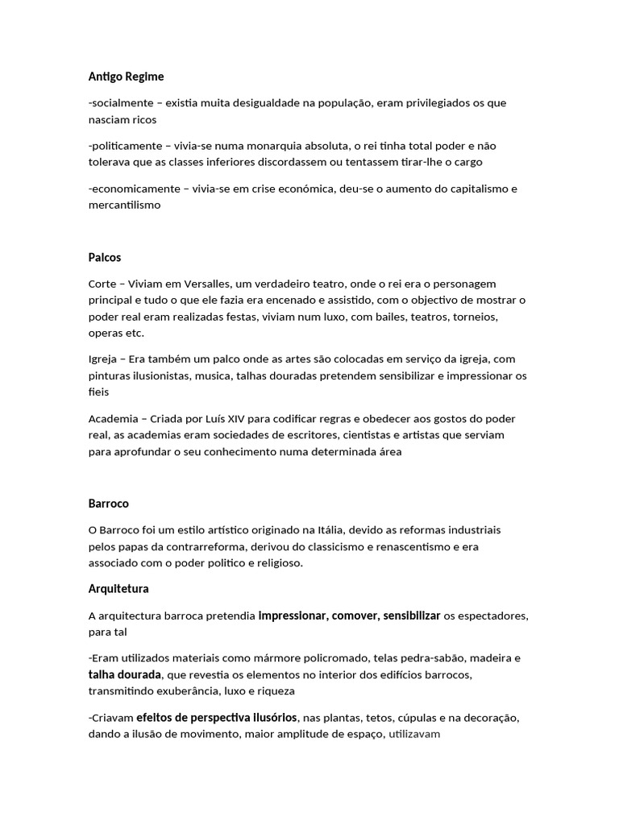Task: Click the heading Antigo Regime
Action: click(126, 77)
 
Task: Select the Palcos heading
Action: click(105, 258)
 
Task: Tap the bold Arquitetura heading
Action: click(118, 589)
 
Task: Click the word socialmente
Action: click(122, 103)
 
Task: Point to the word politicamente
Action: click(126, 146)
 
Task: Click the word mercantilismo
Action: click(125, 205)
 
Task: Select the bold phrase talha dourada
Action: click(125, 674)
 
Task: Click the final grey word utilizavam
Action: click(414, 734)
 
